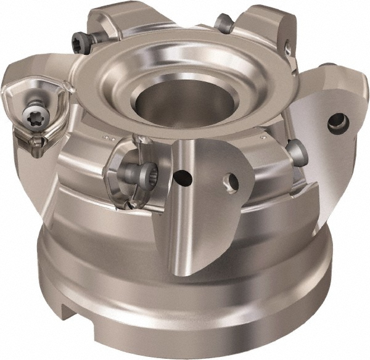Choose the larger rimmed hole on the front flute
point(232,181)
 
